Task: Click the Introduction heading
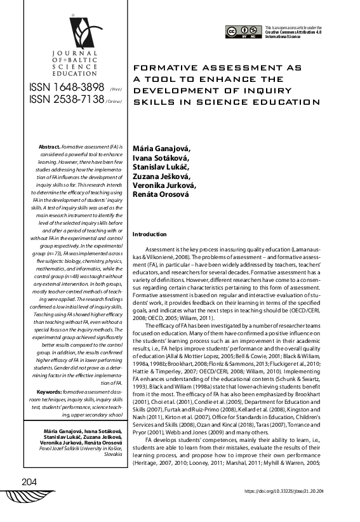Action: pyautogui.click(x=149, y=234)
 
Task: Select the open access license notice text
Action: pyautogui.click(x=293, y=31)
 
